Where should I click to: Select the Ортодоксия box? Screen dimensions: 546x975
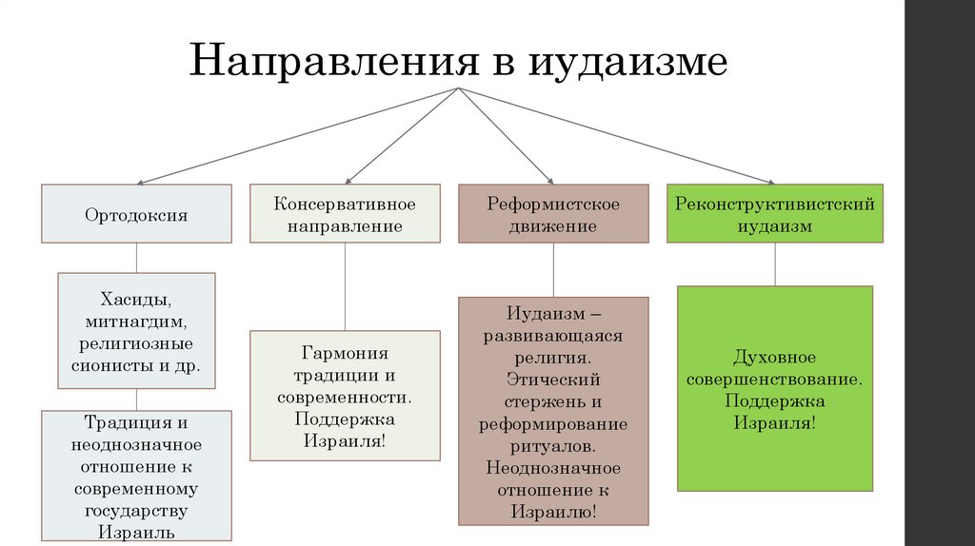point(135,214)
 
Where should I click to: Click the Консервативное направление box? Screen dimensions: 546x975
point(345,215)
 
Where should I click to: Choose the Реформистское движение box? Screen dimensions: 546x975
point(553,215)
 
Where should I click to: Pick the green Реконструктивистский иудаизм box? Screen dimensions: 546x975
point(774,215)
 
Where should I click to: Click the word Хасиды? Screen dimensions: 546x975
point(136,298)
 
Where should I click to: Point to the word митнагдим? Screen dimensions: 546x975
point(136,320)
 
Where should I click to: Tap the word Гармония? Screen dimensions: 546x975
point(346,352)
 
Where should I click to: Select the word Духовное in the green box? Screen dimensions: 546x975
point(774,357)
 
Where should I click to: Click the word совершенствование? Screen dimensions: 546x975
point(774,378)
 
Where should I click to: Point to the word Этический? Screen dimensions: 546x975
point(553,380)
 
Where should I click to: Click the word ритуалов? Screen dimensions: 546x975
point(553,445)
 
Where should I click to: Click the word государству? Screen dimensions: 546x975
point(136,511)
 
